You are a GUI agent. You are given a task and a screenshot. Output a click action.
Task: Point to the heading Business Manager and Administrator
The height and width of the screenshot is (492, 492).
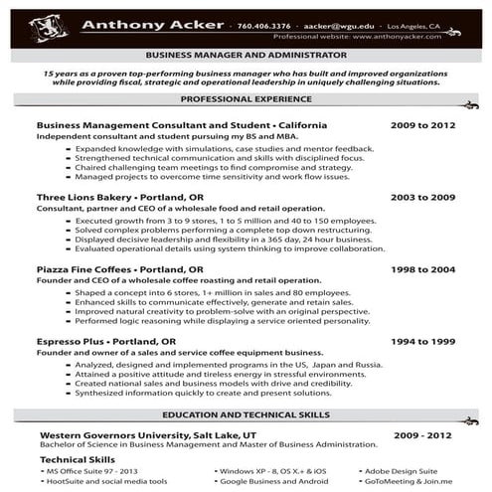pyautogui.click(x=246, y=56)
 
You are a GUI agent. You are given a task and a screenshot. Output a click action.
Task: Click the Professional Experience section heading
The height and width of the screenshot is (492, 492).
pyautogui.click(x=246, y=100)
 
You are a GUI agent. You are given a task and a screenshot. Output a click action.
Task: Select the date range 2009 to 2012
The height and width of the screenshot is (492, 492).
pyautogui.click(x=422, y=126)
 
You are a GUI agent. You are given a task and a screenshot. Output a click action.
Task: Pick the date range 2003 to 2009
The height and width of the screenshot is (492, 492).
pyautogui.click(x=422, y=198)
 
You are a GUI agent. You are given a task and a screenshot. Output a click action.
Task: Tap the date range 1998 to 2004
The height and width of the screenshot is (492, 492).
pyautogui.click(x=422, y=269)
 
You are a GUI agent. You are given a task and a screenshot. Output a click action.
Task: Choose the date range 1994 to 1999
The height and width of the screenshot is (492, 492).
pyautogui.click(x=422, y=341)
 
